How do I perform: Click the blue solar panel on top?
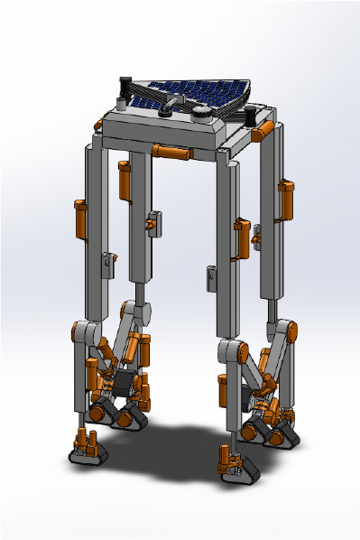point(200,92)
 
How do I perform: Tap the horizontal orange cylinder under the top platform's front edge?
point(171,151)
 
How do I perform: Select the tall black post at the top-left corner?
point(125,91)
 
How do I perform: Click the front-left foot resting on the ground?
point(88,449)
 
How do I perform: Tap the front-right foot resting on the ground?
point(236,463)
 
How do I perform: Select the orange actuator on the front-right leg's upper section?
point(242,237)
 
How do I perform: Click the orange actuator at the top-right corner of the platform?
point(262,132)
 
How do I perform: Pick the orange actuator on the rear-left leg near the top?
point(125,181)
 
